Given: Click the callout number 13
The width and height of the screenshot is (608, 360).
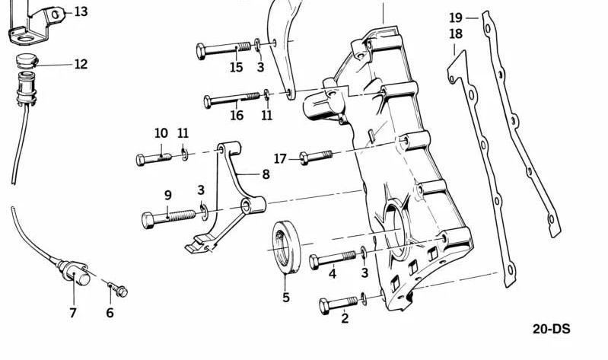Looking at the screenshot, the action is click(81, 11).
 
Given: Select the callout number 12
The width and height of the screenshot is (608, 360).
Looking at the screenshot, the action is click(81, 64).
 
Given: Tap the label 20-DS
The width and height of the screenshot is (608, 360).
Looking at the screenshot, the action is click(551, 329).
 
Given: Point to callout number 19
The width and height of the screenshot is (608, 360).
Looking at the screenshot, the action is click(456, 18).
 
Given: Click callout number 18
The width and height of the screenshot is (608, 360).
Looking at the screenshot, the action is click(456, 34).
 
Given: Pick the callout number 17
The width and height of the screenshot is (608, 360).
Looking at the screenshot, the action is click(280, 158).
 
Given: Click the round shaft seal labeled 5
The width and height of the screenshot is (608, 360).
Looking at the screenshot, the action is click(286, 247).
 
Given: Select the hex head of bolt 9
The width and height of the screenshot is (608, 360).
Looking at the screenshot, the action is click(148, 221).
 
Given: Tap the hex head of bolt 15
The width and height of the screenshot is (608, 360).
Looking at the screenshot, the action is click(201, 52).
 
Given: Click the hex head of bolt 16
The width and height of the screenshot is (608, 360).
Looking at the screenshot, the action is click(208, 102).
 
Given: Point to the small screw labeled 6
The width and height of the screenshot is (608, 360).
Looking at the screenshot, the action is click(118, 289).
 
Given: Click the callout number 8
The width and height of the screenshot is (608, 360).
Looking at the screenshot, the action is click(266, 174).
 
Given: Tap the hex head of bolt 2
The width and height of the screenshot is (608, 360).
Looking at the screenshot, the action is click(325, 307).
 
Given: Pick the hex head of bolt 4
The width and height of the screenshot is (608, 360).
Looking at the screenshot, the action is click(314, 263).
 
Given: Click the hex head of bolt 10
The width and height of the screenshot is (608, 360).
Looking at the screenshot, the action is click(140, 160).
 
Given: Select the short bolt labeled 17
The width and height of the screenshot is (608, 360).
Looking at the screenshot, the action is click(316, 157).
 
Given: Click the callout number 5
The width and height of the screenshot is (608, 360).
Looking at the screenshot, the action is click(286, 298).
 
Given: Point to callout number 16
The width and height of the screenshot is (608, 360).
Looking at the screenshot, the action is click(237, 115).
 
